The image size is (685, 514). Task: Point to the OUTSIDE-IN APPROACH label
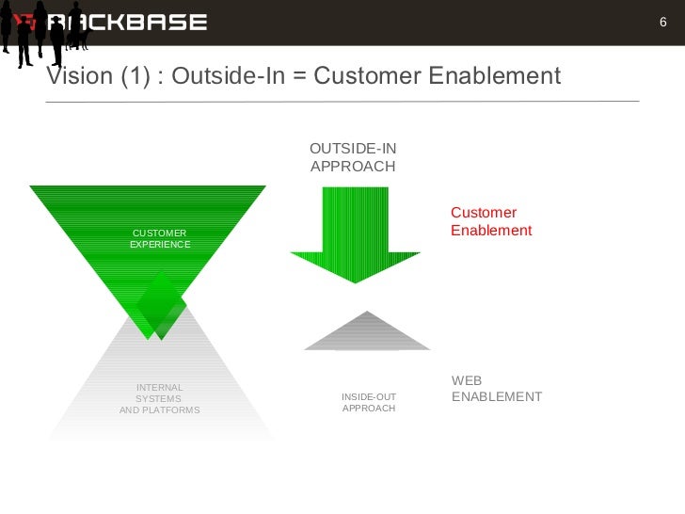coord(353,157)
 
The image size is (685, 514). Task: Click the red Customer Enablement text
coord(491,222)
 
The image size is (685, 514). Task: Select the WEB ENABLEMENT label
coord(496,389)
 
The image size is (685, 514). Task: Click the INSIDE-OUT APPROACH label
coord(368,403)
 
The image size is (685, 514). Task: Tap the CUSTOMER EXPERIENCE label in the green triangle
coord(160,239)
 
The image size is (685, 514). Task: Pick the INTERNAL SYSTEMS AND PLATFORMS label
coord(160,399)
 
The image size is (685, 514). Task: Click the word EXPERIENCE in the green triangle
coord(160,245)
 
